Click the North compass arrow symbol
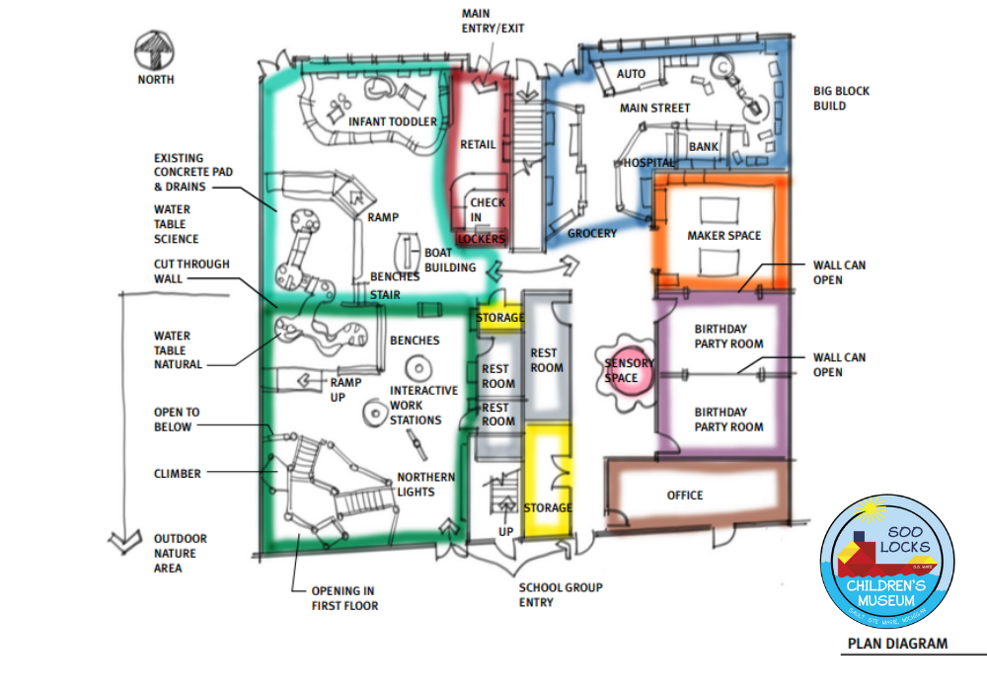tap(155, 48)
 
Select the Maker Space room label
tap(723, 236)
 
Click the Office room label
tap(684, 495)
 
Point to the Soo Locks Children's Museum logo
tap(887, 562)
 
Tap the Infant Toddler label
tap(392, 121)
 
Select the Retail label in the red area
tap(478, 144)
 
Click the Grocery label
tap(591, 233)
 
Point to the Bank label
tap(704, 147)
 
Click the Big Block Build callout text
tap(842, 98)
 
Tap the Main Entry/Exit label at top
tap(493, 21)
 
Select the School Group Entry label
tap(560, 594)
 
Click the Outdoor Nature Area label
tap(180, 553)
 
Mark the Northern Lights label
tap(426, 485)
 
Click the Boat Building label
tap(450, 260)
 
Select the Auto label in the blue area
tap(631, 74)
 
